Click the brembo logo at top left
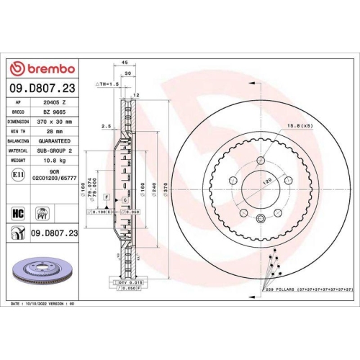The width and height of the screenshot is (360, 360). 41,68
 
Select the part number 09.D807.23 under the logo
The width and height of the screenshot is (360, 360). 41,89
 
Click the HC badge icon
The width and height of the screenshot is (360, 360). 18,212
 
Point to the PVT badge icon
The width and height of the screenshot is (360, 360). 42,212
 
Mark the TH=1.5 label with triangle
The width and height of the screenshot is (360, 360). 107,84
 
